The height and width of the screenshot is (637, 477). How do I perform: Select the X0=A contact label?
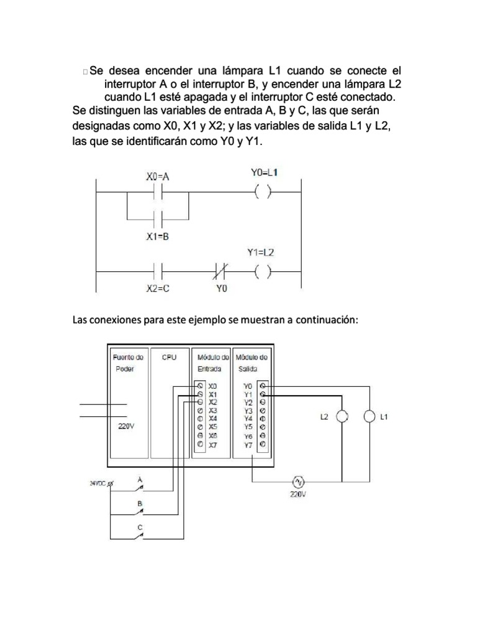click(158, 176)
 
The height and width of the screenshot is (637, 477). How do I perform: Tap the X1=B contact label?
click(158, 237)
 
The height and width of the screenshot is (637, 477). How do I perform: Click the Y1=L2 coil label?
click(261, 253)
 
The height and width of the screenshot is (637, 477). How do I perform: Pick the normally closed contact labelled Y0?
click(220, 271)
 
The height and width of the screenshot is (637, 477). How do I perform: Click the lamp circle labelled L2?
click(341, 417)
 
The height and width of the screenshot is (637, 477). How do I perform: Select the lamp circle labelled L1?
click(370, 417)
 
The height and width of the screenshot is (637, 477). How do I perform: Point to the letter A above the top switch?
click(140, 479)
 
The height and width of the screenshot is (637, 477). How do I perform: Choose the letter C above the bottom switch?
click(140, 528)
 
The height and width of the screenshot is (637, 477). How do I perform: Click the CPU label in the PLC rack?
click(169, 358)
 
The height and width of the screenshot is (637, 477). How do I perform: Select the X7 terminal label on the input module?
click(213, 445)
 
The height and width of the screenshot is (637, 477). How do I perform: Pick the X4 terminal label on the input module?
click(213, 419)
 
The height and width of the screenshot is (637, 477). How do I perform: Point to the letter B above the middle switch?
click(140, 503)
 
